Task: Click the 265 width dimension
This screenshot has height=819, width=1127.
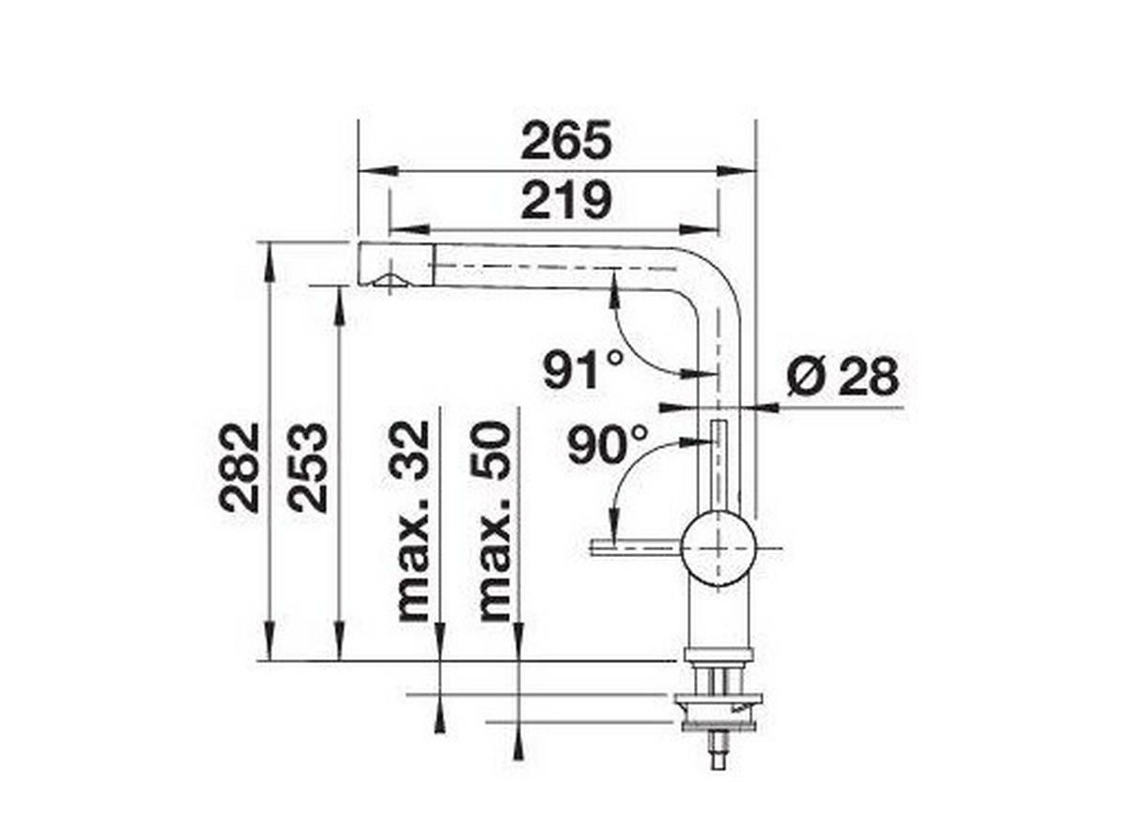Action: (x=566, y=141)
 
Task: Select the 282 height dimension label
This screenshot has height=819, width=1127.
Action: (x=240, y=467)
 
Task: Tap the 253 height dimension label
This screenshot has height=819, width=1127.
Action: (x=309, y=467)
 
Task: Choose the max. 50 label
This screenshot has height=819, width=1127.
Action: (x=494, y=521)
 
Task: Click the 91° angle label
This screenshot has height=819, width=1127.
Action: (x=583, y=369)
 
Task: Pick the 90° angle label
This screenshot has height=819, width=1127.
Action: (x=608, y=444)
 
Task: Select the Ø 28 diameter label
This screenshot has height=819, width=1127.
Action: (x=842, y=378)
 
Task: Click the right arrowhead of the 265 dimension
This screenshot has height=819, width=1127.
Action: (x=742, y=171)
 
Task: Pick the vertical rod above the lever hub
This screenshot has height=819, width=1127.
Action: (x=719, y=465)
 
